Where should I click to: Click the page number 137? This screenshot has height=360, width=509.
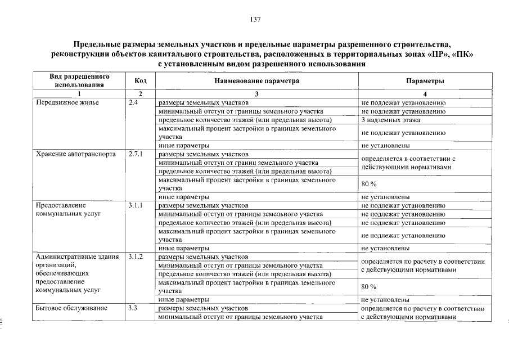point(254,20)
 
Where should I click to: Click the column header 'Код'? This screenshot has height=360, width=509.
point(141,81)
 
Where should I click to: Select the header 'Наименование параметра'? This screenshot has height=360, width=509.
point(256,81)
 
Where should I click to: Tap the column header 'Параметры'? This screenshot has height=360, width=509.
point(425,81)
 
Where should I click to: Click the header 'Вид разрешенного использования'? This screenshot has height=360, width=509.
point(79,81)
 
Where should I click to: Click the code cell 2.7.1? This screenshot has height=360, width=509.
point(136,154)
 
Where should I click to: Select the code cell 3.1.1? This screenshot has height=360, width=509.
point(136,206)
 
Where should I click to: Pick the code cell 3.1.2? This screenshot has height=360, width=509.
point(136,257)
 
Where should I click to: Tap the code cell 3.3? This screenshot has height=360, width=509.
point(133,308)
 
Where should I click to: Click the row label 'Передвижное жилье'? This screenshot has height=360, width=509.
point(67,103)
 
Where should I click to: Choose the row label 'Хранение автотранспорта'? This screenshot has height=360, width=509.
point(75,154)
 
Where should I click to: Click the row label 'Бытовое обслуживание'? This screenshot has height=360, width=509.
point(71,308)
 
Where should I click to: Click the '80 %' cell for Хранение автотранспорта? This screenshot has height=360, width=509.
point(369,184)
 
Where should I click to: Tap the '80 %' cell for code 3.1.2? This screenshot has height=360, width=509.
point(369,287)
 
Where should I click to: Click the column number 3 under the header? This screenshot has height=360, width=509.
point(256,93)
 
